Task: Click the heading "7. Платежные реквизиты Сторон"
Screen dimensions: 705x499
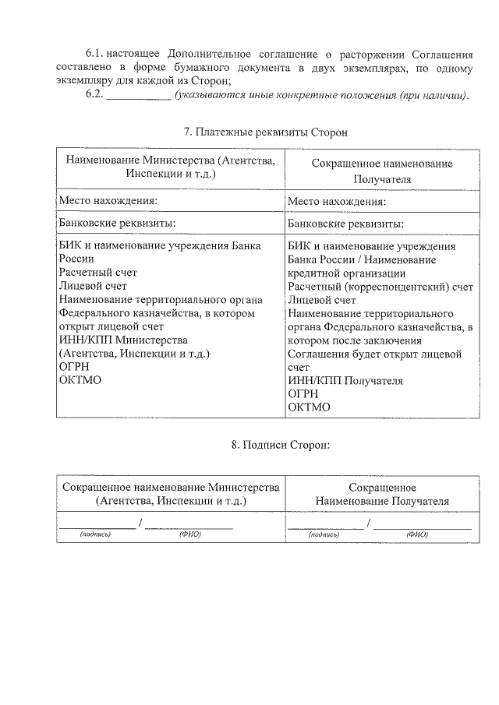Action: pos(264,132)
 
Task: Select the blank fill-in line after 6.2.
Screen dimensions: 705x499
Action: pos(138,96)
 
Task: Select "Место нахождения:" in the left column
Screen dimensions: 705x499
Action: pos(108,201)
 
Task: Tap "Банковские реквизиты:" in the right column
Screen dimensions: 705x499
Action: pos(345,224)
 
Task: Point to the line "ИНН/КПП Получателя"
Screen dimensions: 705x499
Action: pos(345,381)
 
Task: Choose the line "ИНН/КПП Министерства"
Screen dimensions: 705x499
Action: pos(123,340)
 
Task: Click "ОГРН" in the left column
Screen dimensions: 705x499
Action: pos(75,367)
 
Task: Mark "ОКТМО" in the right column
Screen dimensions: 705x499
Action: pos(309,407)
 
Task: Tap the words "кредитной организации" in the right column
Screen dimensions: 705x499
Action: pos(346,273)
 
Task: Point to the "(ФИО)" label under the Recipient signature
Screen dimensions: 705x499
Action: pos(417,535)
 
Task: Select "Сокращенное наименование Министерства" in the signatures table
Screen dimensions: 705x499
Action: pos(170,488)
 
